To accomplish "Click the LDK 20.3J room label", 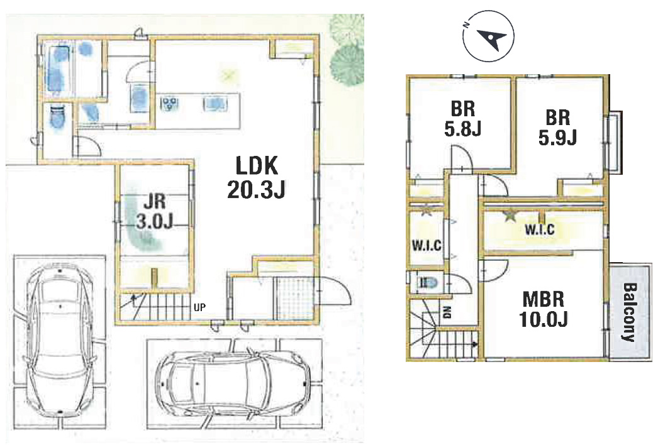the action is [x=256, y=177].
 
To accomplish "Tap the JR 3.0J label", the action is [x=155, y=212].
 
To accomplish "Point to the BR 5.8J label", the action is [x=463, y=119].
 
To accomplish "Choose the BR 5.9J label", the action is [x=558, y=127].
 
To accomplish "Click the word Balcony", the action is [x=630, y=312].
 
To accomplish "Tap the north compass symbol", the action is [x=489, y=36].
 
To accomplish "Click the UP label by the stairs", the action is [x=200, y=307].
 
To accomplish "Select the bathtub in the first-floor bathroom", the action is [x=59, y=69].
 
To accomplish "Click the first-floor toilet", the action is [x=57, y=117].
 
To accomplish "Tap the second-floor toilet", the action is [x=428, y=282].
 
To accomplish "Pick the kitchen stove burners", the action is [x=170, y=102].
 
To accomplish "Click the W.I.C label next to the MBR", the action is [x=540, y=229].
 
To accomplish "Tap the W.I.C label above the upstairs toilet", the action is [x=427, y=245].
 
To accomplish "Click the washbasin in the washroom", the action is [x=139, y=98].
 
